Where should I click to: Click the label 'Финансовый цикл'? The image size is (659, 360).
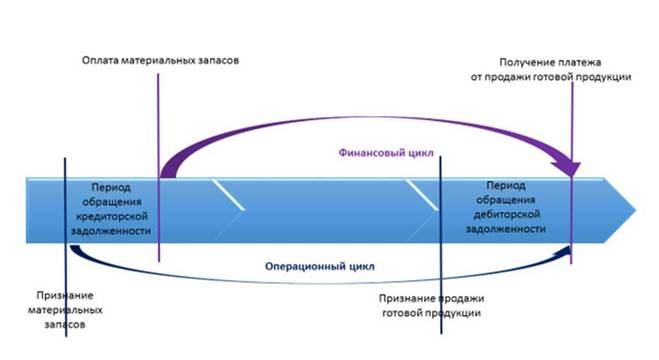tap(386, 152)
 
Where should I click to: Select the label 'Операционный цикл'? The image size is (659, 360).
tap(320, 266)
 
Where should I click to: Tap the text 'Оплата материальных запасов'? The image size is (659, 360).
tap(160, 60)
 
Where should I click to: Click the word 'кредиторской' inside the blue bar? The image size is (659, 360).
tap(111, 216)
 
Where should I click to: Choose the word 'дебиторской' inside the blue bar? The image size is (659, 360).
tap(506, 214)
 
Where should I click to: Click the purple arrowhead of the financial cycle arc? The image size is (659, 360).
tap(567, 169)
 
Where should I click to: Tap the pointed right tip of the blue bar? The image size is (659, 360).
tap(635, 210)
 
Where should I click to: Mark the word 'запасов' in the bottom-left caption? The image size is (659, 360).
tap(65, 325)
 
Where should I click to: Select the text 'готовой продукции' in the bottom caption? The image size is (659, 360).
tap(431, 313)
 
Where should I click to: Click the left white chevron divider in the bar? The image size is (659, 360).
tap(228, 194)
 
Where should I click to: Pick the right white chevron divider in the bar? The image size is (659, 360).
tap(422, 194)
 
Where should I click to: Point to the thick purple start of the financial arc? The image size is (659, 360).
tap(168, 170)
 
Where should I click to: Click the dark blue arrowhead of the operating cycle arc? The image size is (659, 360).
tap(565, 251)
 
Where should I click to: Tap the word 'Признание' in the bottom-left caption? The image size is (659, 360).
tap(65, 295)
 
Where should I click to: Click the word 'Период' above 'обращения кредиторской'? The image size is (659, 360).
tap(111, 187)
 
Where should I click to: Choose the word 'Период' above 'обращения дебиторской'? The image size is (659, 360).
tap(506, 185)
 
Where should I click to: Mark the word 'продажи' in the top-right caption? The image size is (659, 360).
tap(509, 77)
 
